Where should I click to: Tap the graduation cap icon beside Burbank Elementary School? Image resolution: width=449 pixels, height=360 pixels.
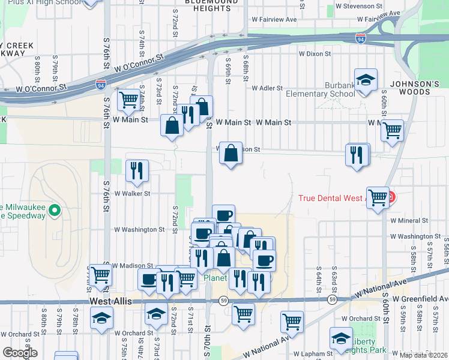pyautogui.click(x=365, y=80)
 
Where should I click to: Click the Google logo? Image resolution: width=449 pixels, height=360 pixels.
pyautogui.click(x=20, y=353)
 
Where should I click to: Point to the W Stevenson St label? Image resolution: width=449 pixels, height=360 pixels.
pyautogui.click(x=360, y=6)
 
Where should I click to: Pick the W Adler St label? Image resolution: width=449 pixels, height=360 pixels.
pyautogui.click(x=267, y=88)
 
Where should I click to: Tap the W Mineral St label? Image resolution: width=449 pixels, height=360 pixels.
pyautogui.click(x=408, y=220)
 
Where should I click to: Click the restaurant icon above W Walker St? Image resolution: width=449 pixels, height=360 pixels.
pyautogui.click(x=137, y=170)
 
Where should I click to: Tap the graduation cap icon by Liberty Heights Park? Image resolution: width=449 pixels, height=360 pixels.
pyautogui.click(x=341, y=338)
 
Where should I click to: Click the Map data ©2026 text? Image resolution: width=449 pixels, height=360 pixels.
pyautogui.click(x=424, y=355)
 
